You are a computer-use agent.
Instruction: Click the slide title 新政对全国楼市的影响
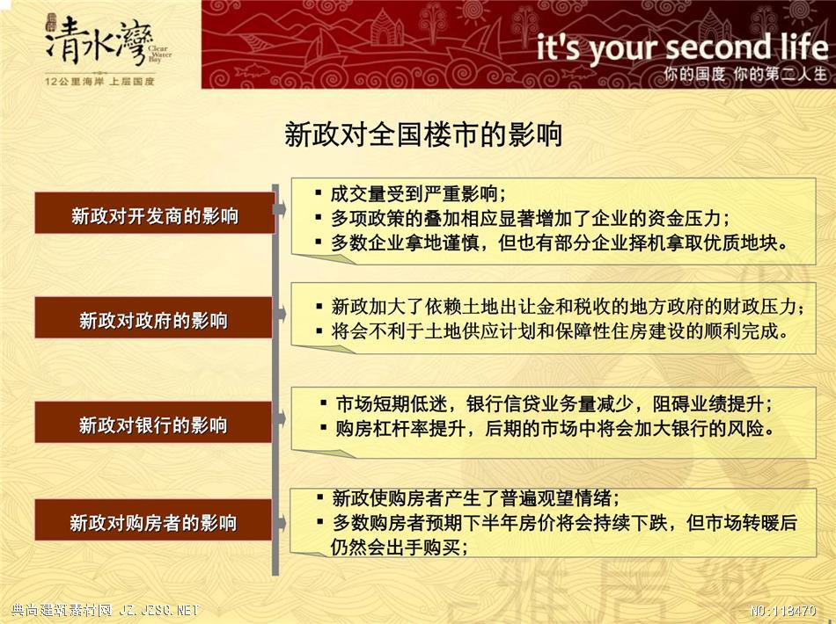(x=423, y=134)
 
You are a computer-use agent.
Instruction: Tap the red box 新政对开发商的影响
(x=155, y=213)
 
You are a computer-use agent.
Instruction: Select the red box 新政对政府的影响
(x=153, y=317)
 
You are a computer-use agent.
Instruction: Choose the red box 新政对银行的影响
(x=153, y=422)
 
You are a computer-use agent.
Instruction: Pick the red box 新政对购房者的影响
(x=153, y=520)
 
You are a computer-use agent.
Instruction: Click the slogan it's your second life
(x=682, y=47)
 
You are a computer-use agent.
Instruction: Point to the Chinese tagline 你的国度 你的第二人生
(x=745, y=74)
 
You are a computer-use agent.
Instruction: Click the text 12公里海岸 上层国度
(x=99, y=82)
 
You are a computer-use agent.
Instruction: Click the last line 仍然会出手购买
(x=399, y=547)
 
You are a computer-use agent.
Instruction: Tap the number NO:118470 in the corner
(x=783, y=611)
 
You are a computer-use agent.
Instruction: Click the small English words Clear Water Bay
(x=160, y=54)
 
